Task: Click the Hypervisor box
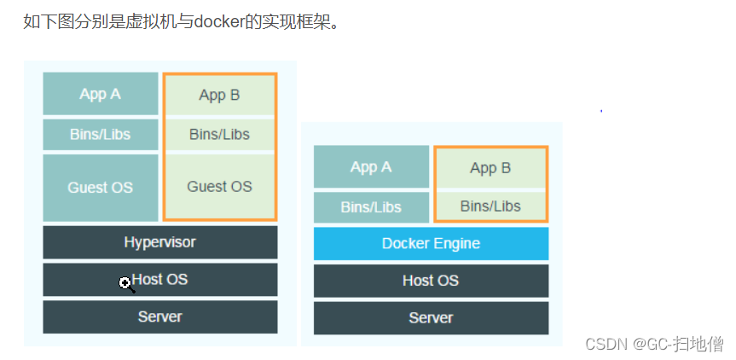click(x=159, y=242)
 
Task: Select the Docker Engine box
click(x=431, y=243)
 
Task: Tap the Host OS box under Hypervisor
click(x=159, y=280)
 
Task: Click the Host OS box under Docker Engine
click(x=431, y=280)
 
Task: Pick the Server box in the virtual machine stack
click(x=159, y=316)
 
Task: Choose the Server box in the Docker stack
click(x=431, y=317)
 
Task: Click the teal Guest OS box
click(x=101, y=188)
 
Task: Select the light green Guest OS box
click(x=219, y=187)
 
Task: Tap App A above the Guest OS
click(x=101, y=94)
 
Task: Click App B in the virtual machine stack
click(x=219, y=95)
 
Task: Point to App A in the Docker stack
click(x=371, y=167)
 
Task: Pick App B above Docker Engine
click(x=490, y=168)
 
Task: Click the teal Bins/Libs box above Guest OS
click(x=101, y=135)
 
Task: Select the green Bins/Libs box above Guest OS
click(x=219, y=135)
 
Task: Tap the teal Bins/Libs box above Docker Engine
click(x=371, y=207)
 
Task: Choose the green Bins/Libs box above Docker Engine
click(x=490, y=206)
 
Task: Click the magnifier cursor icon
click(x=126, y=284)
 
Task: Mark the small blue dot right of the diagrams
click(x=601, y=110)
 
